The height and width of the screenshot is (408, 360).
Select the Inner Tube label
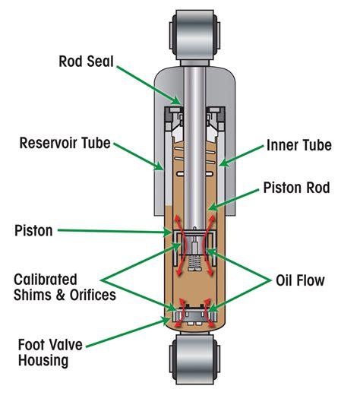tap(298, 145)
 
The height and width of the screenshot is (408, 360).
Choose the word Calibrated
tap(46, 280)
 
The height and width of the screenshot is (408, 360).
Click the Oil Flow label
tap(299, 280)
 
